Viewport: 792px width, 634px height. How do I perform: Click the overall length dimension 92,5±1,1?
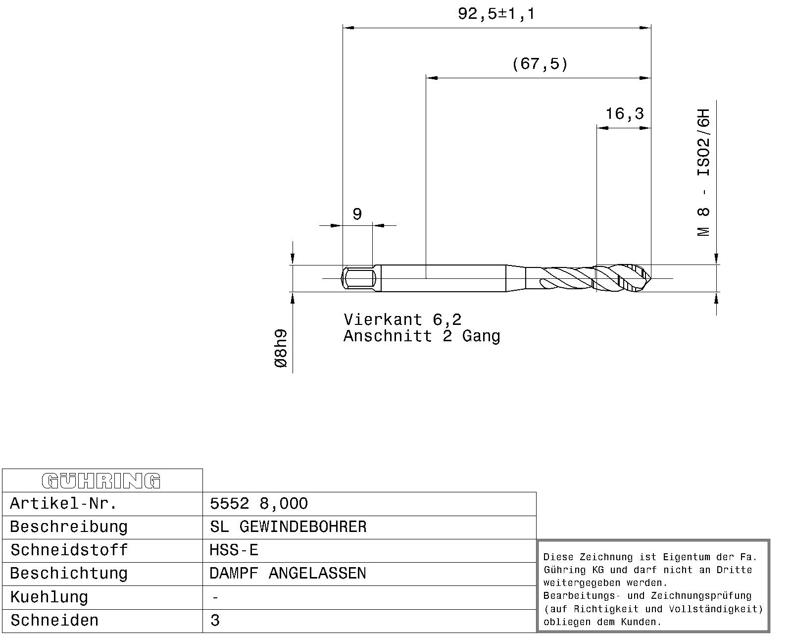tap(496, 14)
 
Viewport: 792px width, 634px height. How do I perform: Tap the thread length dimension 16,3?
tap(625, 114)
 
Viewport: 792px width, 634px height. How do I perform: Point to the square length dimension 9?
tap(357, 214)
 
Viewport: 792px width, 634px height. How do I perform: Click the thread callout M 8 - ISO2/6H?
tap(703, 172)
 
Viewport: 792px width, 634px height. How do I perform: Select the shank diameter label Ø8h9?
tap(281, 348)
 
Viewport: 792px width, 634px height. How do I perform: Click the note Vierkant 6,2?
tap(402, 320)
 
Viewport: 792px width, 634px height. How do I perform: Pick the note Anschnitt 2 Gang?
tap(422, 336)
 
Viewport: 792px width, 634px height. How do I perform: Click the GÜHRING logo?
tap(101, 481)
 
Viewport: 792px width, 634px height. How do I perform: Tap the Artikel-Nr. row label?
tap(63, 503)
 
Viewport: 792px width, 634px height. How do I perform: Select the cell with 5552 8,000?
tap(259, 504)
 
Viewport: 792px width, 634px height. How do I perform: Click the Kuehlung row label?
tap(49, 597)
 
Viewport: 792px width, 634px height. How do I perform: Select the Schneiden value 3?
tap(215, 620)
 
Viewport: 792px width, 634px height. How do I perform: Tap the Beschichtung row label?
tap(68, 574)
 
